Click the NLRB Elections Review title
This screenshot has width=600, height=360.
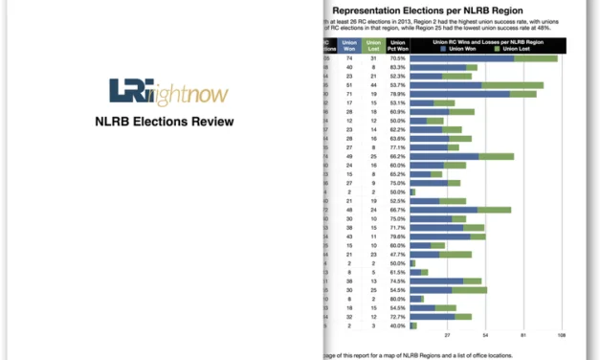tap(163, 122)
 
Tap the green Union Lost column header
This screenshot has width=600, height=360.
tap(374, 44)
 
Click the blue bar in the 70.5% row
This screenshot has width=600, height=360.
tap(461, 58)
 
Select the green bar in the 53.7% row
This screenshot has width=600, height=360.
tap(513, 85)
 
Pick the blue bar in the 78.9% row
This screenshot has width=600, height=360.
tap(459, 94)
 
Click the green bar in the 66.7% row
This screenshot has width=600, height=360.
tap(494, 210)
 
